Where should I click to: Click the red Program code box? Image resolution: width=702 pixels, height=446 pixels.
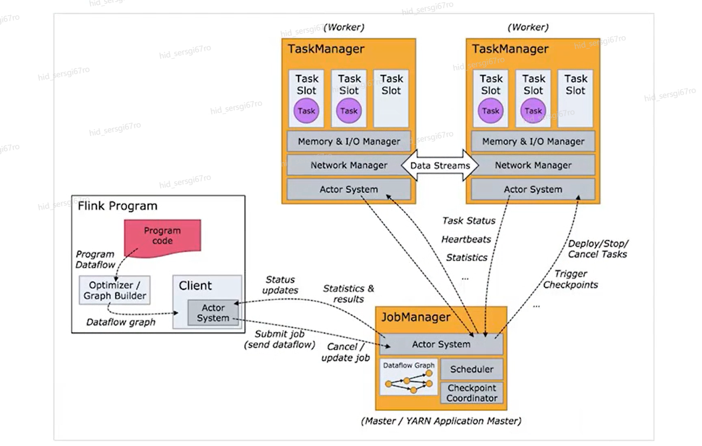coord(162,236)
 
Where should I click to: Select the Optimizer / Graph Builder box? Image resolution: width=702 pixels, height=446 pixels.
coord(114,290)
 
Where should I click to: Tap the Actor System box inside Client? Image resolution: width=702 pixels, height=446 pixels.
coord(213,313)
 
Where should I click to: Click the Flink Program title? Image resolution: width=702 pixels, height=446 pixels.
coord(118,206)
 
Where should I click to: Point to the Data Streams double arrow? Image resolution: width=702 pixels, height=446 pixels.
coord(440,165)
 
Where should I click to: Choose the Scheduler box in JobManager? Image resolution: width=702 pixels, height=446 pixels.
coord(471,369)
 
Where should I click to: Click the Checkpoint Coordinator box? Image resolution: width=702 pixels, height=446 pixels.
coord(472,393)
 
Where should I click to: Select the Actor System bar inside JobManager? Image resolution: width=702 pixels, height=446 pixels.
coord(441,344)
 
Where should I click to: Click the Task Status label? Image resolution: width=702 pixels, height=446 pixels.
coord(469,220)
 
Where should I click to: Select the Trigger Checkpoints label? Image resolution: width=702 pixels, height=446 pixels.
coord(570,279)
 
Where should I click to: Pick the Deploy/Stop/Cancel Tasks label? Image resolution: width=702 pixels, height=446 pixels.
coord(598,249)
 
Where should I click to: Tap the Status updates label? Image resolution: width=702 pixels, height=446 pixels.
coord(281,285)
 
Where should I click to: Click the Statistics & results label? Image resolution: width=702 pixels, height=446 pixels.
coord(348,294)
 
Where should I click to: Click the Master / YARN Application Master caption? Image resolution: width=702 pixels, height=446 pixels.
coord(441,421)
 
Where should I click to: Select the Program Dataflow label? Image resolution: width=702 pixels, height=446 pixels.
coord(95,259)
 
